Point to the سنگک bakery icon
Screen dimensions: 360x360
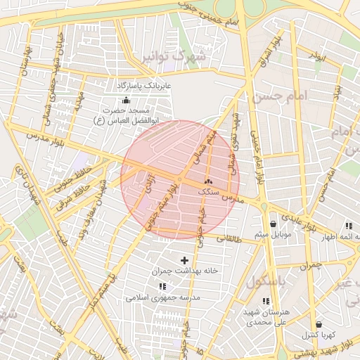tap(208, 181)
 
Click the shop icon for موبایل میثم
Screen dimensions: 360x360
tap(272, 224)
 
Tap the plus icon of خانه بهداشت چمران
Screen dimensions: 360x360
tap(185, 260)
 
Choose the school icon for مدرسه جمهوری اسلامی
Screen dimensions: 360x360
tap(163, 287)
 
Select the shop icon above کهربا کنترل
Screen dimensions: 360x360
tap(319, 324)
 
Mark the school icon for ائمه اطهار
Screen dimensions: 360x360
tap(348, 226)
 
